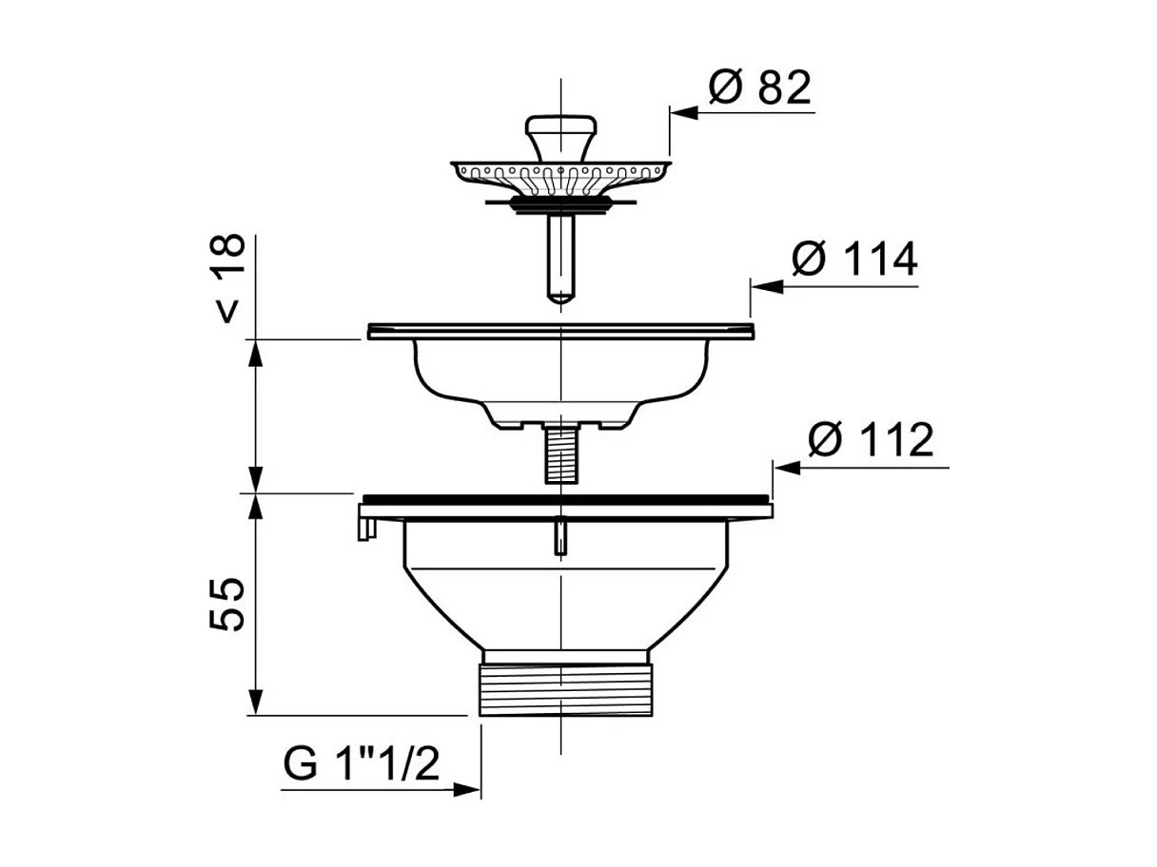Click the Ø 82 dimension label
point(759,87)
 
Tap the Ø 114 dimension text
point(853,259)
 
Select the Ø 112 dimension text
point(871,438)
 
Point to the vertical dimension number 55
point(227,605)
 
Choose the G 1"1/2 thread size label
point(361,763)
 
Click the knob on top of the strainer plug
point(561,138)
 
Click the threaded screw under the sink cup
point(560,456)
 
